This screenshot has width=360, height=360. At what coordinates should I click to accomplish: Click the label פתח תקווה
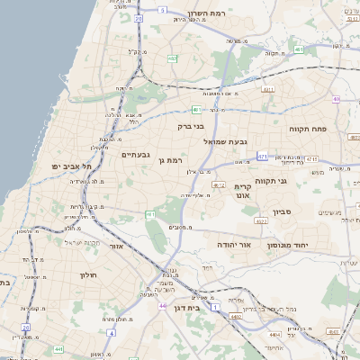(x=306, y=129)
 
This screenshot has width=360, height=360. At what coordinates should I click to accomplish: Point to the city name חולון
(x=87, y=274)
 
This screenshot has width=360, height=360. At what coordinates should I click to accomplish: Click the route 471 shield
(x=262, y=156)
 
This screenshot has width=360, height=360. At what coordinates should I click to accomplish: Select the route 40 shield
(x=335, y=100)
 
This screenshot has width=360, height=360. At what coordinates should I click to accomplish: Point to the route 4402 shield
(x=235, y=317)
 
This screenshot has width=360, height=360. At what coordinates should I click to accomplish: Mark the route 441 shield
(x=58, y=348)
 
